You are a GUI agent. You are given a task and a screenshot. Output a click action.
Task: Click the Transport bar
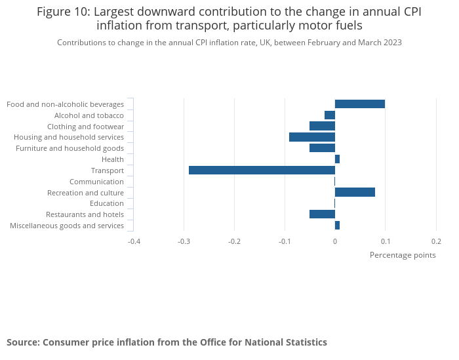262,170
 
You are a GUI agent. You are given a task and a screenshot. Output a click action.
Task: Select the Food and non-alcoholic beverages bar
359,104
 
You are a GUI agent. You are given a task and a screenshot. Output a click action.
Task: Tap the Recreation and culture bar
355,192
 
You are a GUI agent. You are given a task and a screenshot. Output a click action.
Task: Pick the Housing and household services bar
312,137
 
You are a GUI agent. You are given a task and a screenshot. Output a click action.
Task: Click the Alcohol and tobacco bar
330,115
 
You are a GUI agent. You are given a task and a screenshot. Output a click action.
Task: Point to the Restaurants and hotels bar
322,214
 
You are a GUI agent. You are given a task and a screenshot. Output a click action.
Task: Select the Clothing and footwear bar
322,126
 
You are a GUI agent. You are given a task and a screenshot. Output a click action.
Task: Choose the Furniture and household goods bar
322,148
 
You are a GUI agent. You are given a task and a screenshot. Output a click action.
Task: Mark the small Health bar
337,159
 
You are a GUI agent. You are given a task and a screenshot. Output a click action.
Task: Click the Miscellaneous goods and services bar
337,225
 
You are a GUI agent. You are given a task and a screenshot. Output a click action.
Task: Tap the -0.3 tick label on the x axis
184,241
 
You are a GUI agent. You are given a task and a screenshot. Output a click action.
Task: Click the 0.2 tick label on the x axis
436,241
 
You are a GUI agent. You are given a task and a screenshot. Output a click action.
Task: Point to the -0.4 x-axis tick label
133,241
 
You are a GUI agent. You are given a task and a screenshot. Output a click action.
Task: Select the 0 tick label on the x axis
335,241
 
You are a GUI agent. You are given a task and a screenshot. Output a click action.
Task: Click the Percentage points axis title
403,255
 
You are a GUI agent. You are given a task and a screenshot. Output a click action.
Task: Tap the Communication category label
96,182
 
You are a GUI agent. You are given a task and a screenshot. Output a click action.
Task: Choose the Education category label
106,203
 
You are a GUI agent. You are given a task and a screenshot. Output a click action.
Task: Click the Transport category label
107,170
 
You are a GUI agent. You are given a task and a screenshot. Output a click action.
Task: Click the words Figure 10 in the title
62,12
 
